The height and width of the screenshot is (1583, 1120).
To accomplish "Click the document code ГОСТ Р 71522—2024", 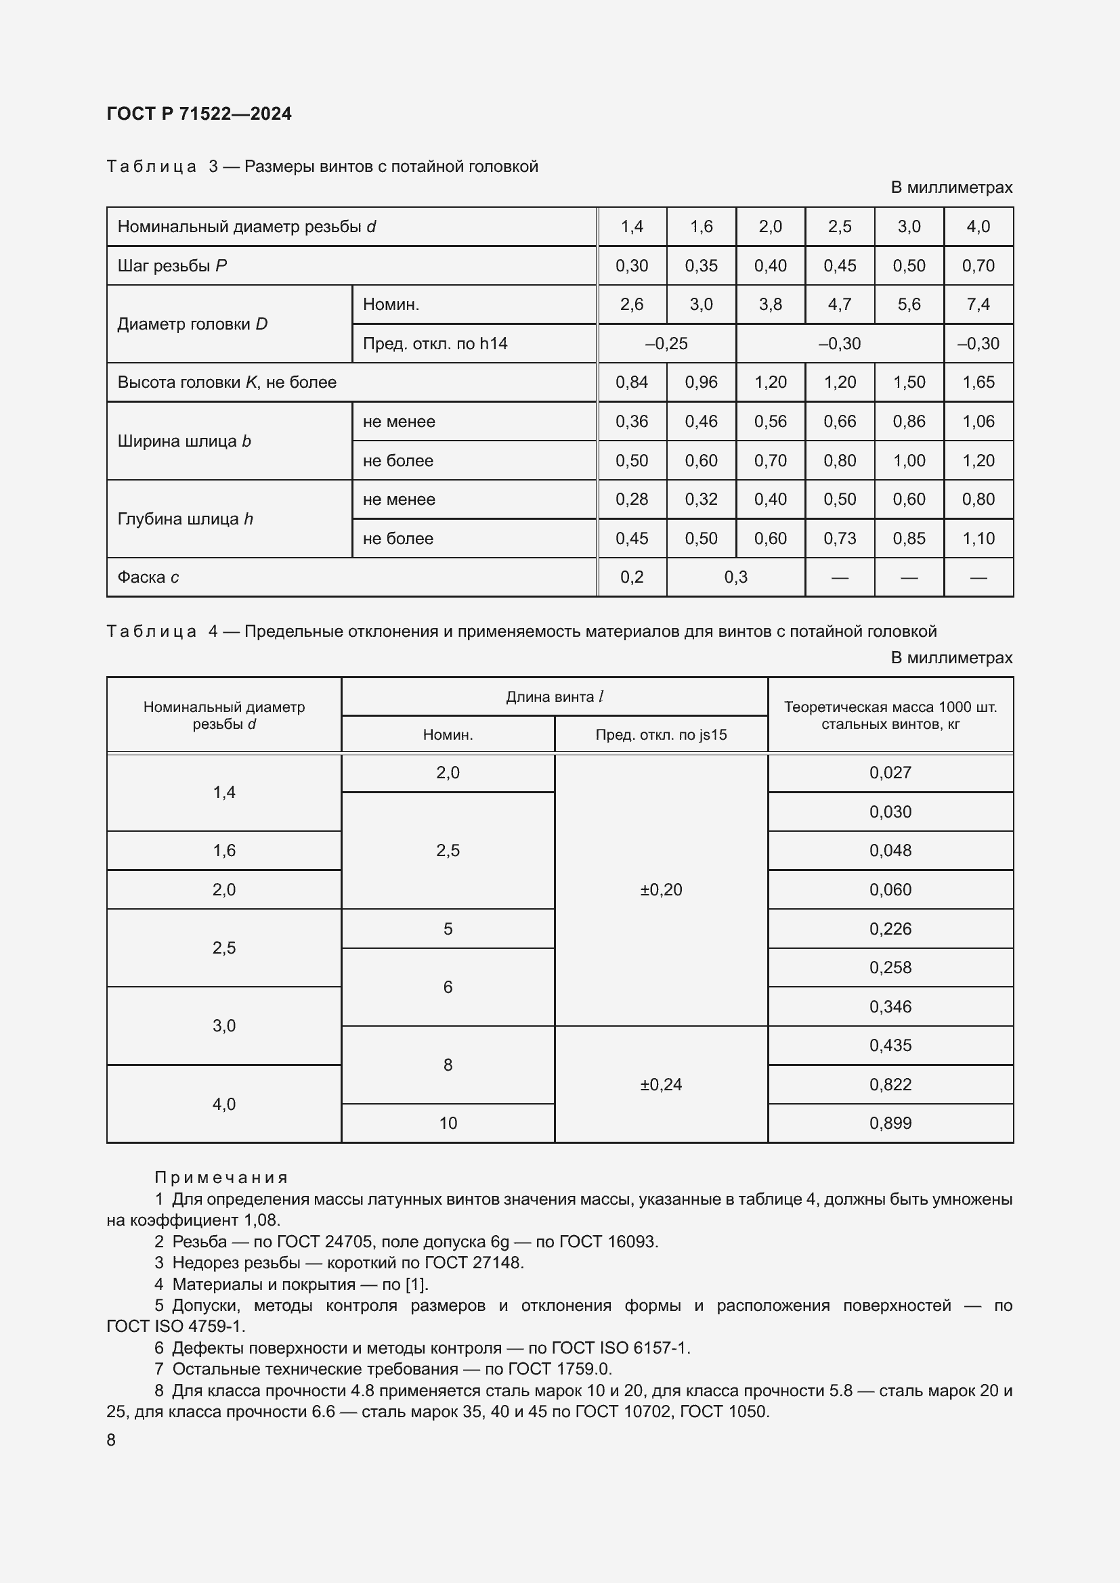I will [198, 114].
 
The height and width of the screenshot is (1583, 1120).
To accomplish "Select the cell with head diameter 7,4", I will [978, 304].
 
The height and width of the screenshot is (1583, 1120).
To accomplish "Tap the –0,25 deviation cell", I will [666, 343].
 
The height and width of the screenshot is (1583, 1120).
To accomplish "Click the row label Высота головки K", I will [227, 382].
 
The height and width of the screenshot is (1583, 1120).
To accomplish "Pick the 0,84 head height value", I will [632, 382].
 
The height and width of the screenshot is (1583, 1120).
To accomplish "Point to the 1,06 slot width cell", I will [978, 421].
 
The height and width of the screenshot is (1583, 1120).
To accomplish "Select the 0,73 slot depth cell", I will [839, 539].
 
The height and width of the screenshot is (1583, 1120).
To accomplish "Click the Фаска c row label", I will [148, 577].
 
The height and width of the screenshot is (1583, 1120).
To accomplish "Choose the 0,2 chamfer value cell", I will [632, 577].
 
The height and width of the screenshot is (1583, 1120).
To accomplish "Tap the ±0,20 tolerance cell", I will [661, 889].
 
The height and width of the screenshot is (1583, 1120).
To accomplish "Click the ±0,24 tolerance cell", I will [661, 1084].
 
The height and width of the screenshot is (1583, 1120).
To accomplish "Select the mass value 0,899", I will [890, 1123].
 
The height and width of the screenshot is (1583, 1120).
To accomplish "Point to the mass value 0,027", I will [890, 772].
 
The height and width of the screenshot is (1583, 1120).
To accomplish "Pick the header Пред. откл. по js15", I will [661, 734].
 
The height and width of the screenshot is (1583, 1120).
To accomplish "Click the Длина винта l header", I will [554, 696].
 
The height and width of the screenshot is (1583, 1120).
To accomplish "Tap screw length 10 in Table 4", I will [448, 1123].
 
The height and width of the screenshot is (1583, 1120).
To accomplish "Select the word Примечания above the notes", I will [221, 1178].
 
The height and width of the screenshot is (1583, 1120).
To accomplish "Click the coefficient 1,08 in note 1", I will [261, 1220].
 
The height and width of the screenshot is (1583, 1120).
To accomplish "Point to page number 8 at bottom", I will [111, 1440].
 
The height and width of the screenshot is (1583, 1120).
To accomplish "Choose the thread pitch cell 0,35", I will [701, 265].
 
